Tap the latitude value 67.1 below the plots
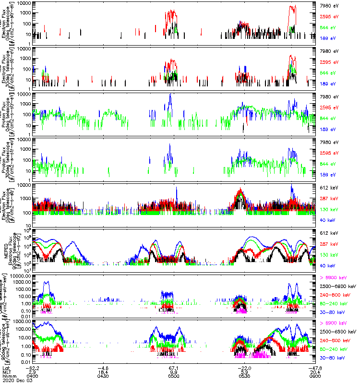(174, 368)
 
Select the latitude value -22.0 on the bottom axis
(244, 368)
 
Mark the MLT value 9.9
(174, 372)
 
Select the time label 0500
(174, 377)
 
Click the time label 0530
(244, 377)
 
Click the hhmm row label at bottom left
(9, 377)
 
